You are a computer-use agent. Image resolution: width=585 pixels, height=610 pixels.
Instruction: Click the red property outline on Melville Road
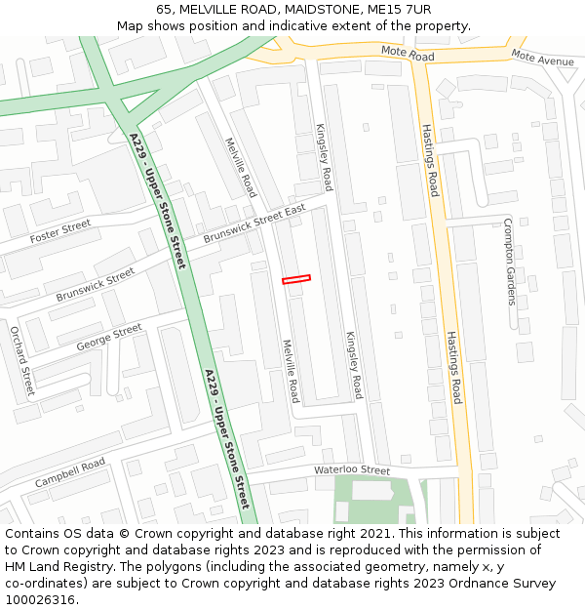295,279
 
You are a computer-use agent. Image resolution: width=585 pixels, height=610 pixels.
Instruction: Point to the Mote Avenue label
542,60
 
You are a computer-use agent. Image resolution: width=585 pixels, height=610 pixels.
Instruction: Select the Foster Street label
59,232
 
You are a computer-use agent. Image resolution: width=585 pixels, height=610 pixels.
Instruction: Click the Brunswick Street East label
254,224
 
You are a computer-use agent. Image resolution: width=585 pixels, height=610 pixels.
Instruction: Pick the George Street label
108,337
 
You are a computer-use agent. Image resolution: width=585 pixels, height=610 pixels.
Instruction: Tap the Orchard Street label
21,361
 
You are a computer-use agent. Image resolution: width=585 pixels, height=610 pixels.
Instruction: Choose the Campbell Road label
69,473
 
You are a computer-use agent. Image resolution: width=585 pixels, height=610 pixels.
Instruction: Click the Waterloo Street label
351,470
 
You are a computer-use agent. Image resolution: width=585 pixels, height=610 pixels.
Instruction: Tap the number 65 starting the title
164,10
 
